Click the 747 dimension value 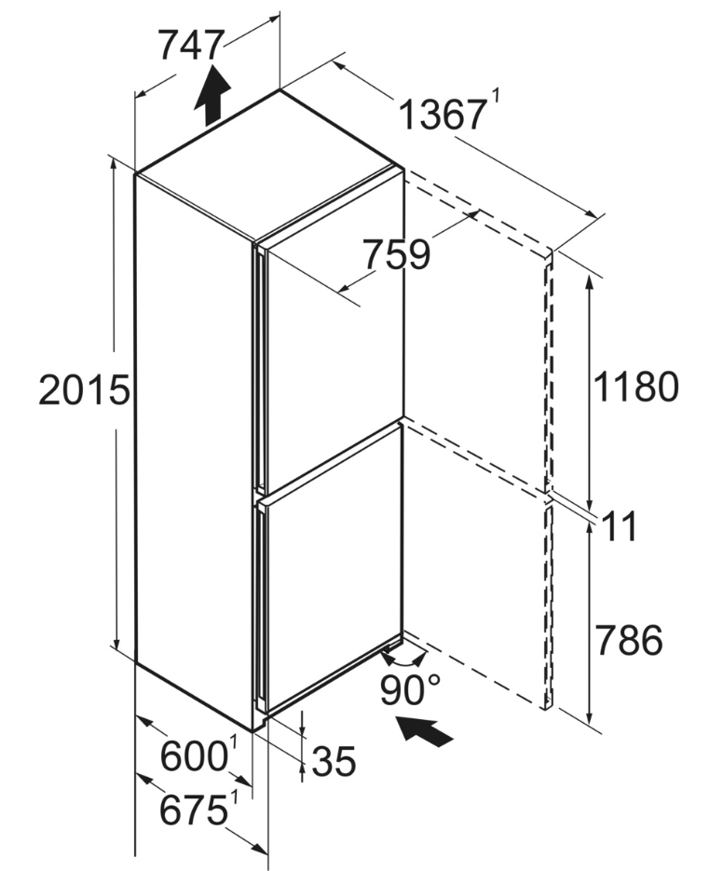pyautogui.click(x=191, y=45)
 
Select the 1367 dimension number pyautogui.click(x=443, y=115)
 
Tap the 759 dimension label pyautogui.click(x=397, y=254)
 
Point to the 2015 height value pyautogui.click(x=84, y=389)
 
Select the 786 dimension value pyautogui.click(x=628, y=639)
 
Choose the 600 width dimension pyautogui.click(x=193, y=756)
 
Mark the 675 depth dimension pyautogui.click(x=193, y=810)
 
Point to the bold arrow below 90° pyautogui.click(x=424, y=730)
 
